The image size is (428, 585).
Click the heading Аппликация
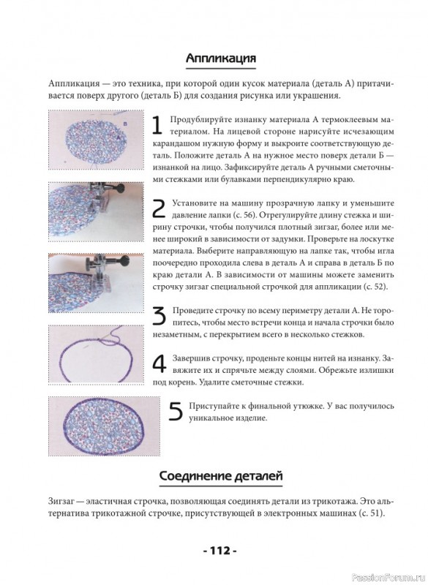point(220,58)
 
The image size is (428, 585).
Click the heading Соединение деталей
point(221,476)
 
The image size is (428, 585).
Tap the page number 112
point(220,551)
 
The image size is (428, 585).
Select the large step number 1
point(157,125)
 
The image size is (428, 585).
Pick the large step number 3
point(159,316)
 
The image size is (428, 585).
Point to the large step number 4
point(159,363)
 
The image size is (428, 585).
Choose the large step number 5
point(176,411)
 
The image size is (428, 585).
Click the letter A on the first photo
point(119,137)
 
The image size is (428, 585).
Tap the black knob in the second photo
point(119,189)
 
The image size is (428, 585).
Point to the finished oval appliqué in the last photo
point(105,426)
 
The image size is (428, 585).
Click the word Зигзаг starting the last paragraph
point(61,501)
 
